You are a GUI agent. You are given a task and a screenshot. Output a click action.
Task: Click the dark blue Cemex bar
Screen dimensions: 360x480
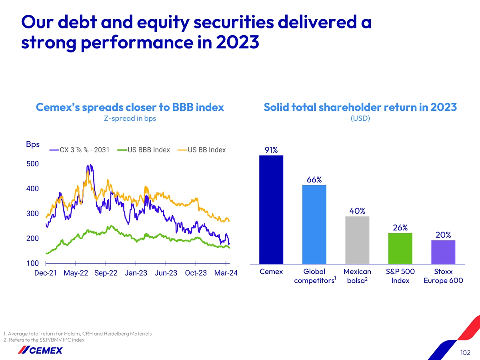271,210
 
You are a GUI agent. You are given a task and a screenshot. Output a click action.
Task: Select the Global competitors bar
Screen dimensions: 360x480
314,224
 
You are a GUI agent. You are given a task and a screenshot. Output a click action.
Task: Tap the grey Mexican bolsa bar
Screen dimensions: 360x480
357,240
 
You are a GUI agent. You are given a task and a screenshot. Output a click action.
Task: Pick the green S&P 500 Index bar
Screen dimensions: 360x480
400,248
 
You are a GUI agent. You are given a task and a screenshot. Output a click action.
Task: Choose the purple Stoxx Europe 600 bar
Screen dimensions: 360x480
443,252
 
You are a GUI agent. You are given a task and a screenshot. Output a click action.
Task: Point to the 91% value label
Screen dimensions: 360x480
271,150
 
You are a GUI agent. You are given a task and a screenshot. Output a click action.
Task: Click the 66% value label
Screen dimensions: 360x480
314,180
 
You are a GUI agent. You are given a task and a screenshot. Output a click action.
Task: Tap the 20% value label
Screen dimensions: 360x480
443,235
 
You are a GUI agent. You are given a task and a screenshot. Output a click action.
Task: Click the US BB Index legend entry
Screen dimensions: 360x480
202,150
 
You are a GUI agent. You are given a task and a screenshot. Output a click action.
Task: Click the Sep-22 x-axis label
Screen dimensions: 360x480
106,273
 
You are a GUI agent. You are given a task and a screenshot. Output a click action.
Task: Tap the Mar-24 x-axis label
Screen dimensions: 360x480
226,273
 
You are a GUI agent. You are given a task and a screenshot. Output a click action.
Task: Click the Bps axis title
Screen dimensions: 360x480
32,144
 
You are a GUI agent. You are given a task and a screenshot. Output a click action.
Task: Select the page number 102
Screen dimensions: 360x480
465,352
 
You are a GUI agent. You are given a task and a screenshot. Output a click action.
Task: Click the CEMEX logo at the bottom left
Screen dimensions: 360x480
40,350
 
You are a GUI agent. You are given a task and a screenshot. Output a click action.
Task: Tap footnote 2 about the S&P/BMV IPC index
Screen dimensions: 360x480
44,340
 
